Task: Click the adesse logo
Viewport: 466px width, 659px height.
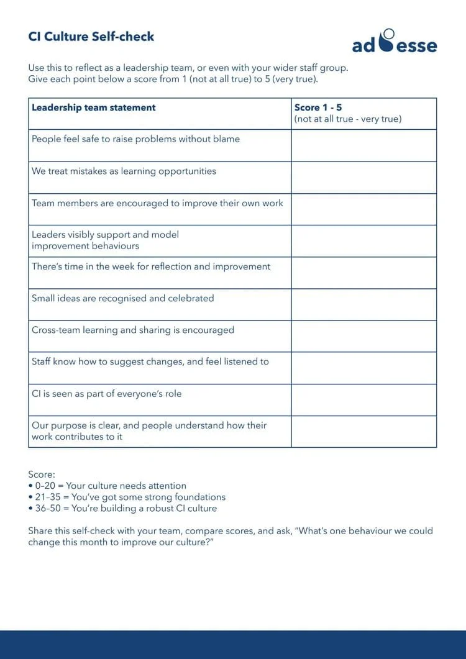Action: coord(394,42)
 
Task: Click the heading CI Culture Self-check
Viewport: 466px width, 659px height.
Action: coord(91,37)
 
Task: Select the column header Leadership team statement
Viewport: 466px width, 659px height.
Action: coord(94,107)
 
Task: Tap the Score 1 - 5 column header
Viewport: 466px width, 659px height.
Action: coord(318,107)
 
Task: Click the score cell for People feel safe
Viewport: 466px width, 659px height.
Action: coord(363,145)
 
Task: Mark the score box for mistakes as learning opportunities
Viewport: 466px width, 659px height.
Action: coord(363,178)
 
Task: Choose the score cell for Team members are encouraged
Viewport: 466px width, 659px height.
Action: coord(363,209)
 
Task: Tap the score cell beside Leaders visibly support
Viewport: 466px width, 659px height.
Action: coord(363,241)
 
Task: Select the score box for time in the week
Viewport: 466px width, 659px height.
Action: coord(363,273)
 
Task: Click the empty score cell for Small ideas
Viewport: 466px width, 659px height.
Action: coord(363,305)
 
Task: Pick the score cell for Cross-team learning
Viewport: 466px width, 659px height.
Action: coord(363,337)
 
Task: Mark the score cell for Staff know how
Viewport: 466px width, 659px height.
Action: coord(363,368)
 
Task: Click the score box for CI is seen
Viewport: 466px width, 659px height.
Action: coord(363,400)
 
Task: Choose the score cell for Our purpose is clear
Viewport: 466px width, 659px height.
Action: coord(363,432)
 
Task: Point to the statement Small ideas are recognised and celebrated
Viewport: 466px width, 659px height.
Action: coord(123,299)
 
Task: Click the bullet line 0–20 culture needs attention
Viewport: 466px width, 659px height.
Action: coord(107,486)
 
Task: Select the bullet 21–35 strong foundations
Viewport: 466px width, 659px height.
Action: coord(127,497)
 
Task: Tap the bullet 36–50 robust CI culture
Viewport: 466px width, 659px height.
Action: coord(123,508)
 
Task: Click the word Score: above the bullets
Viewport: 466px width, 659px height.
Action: coord(42,475)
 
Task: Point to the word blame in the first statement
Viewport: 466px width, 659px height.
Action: coord(226,139)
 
